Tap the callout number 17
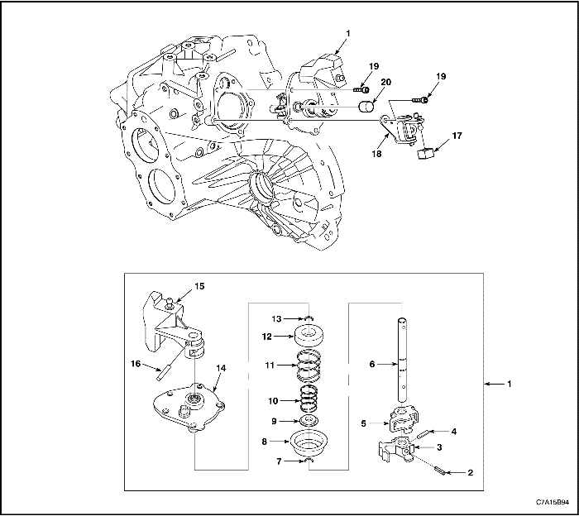point(457,135)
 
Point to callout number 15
point(199,286)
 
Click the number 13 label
point(278,318)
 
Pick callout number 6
point(372,363)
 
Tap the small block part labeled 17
point(428,153)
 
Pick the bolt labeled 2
point(440,471)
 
